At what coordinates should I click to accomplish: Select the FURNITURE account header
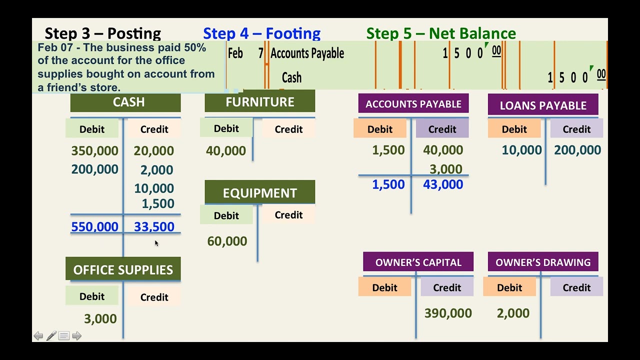click(x=260, y=102)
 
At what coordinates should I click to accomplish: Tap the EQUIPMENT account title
click(x=260, y=193)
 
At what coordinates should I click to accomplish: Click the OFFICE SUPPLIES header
click(x=123, y=270)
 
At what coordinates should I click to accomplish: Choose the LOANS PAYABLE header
click(x=543, y=105)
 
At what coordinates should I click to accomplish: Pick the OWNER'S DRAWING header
click(x=543, y=262)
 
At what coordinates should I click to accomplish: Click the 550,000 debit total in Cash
click(x=95, y=227)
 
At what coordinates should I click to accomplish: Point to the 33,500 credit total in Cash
click(x=154, y=227)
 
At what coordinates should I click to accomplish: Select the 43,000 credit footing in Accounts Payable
click(x=443, y=184)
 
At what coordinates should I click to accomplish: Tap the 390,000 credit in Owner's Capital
click(x=448, y=313)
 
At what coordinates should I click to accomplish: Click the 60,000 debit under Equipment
click(x=227, y=241)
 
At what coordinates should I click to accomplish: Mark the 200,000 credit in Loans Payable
click(x=577, y=150)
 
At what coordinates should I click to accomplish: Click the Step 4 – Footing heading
click(x=261, y=33)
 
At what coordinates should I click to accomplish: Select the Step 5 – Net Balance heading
click(x=441, y=33)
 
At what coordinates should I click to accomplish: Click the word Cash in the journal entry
click(x=291, y=77)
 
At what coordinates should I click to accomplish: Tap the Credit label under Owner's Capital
click(x=447, y=287)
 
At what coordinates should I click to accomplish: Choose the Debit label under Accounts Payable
click(x=380, y=129)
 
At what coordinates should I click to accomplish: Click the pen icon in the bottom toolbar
click(x=51, y=336)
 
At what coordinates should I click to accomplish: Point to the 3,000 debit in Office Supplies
click(x=100, y=319)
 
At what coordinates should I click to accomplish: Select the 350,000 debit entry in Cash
click(x=95, y=151)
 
